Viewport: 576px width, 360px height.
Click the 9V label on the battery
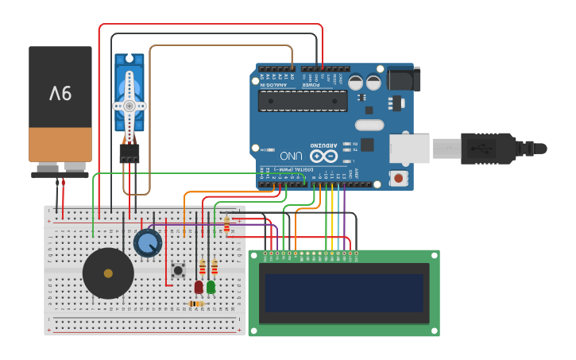(x=60, y=94)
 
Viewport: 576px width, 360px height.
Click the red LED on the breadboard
(x=199, y=286)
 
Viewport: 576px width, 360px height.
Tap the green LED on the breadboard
(x=211, y=286)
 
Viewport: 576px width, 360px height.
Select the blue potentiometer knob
(x=148, y=242)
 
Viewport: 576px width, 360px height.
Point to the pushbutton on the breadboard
(x=178, y=270)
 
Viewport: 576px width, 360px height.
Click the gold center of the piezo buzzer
(x=108, y=273)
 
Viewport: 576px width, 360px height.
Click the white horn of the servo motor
(x=129, y=105)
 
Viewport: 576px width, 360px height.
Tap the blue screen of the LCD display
(x=344, y=293)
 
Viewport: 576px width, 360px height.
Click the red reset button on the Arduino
(x=398, y=178)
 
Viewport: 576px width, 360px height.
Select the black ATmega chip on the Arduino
(x=303, y=101)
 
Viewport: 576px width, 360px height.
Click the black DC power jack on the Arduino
(x=404, y=79)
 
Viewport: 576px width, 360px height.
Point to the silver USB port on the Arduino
(x=409, y=149)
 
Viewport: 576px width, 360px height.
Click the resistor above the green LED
(x=215, y=267)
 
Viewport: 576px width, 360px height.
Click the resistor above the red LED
(x=203, y=267)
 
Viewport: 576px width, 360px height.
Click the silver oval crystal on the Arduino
(x=369, y=125)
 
